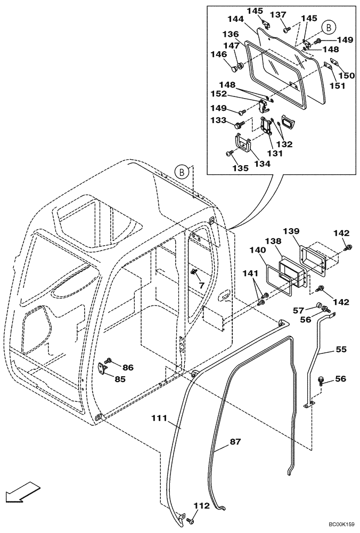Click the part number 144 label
pos(236,19)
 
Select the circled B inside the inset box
pos(329,27)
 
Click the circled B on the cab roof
pos(182,172)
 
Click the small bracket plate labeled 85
pos(104,370)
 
